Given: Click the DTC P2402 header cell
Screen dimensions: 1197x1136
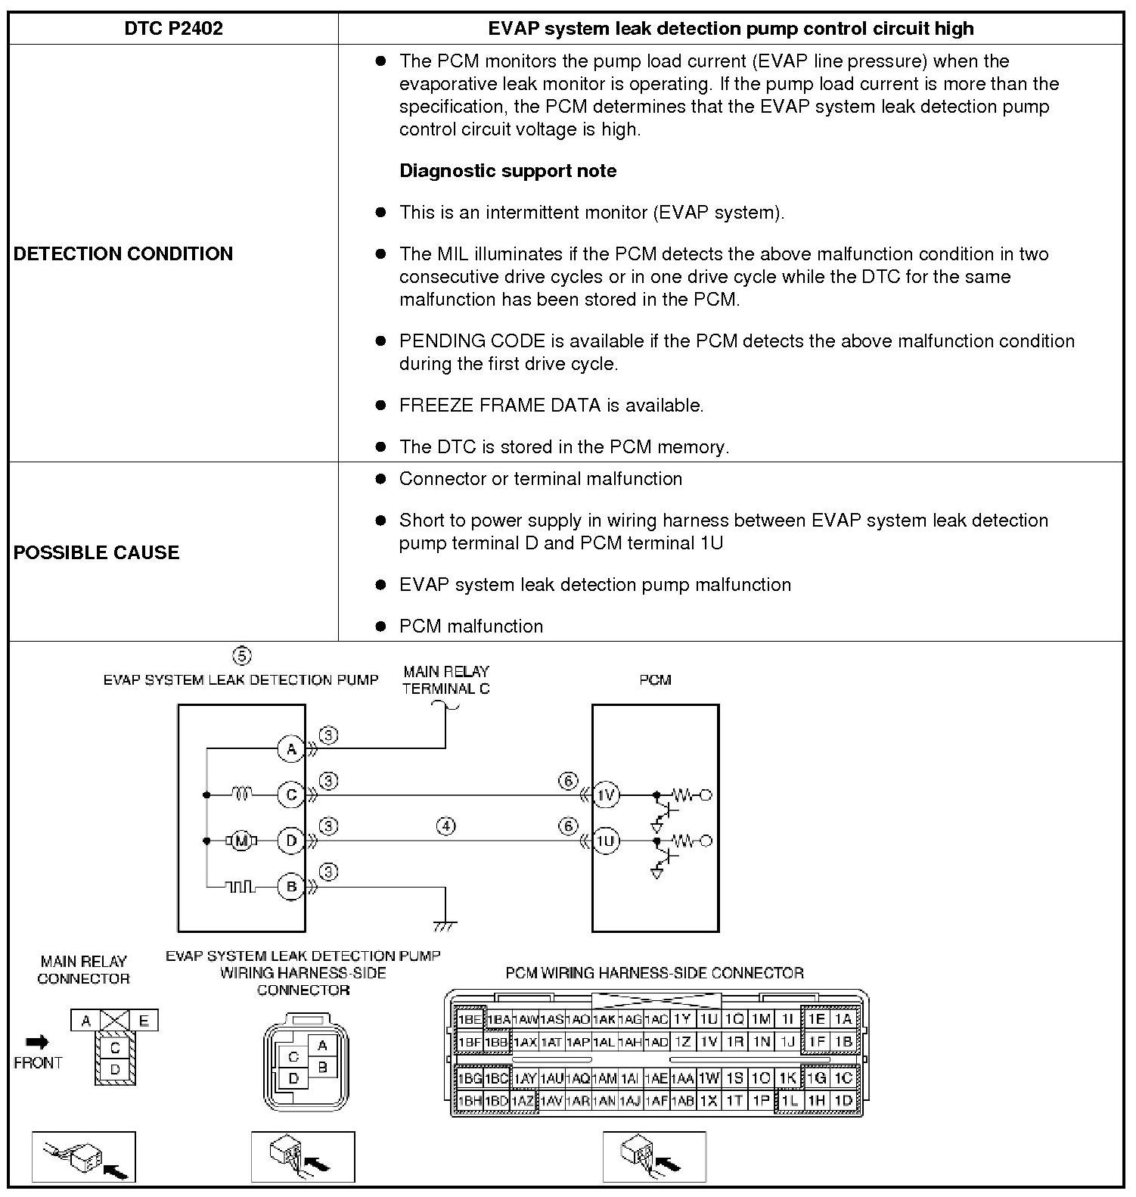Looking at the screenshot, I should [x=173, y=29].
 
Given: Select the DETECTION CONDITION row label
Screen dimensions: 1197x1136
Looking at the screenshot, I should [x=123, y=253].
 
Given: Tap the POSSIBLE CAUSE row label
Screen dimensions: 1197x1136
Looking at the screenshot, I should [x=96, y=552].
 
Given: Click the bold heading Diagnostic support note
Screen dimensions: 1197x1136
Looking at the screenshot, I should [x=507, y=171].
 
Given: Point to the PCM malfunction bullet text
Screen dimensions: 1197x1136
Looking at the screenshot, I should [x=470, y=626].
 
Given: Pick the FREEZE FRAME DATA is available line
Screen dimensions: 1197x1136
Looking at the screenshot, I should [x=551, y=406].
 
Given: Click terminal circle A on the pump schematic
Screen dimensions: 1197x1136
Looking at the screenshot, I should [x=290, y=749].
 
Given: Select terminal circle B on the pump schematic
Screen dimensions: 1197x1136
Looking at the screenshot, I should [x=290, y=886].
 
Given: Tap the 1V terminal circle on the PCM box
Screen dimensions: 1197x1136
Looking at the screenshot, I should [x=606, y=795].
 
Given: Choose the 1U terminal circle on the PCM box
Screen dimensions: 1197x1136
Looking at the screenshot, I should [x=606, y=841].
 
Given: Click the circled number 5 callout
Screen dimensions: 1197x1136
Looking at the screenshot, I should [x=241, y=655].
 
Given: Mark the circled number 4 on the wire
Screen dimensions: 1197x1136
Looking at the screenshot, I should [x=446, y=825].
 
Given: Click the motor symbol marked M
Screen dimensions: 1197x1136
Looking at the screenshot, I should [x=241, y=841].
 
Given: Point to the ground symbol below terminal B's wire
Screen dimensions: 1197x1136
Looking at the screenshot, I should [x=445, y=925].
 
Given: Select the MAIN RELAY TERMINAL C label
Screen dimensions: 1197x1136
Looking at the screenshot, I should [x=445, y=679].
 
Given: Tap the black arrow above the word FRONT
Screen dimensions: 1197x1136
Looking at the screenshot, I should [x=37, y=1043].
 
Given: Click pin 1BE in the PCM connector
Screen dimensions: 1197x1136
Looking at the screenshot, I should [x=469, y=1019].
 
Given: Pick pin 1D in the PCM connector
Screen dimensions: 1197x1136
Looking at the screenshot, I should [x=843, y=1101].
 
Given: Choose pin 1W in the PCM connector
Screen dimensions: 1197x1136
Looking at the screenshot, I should [x=708, y=1078].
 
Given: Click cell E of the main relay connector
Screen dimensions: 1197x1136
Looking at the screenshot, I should [x=144, y=1021].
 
